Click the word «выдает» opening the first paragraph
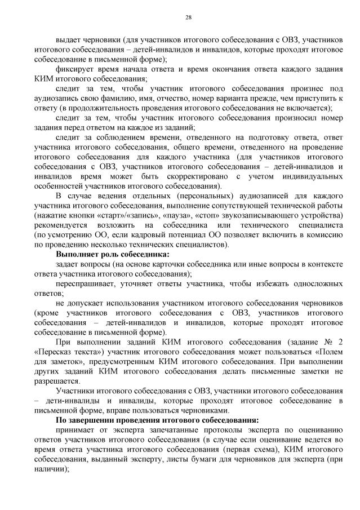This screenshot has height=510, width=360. pos(68,40)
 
